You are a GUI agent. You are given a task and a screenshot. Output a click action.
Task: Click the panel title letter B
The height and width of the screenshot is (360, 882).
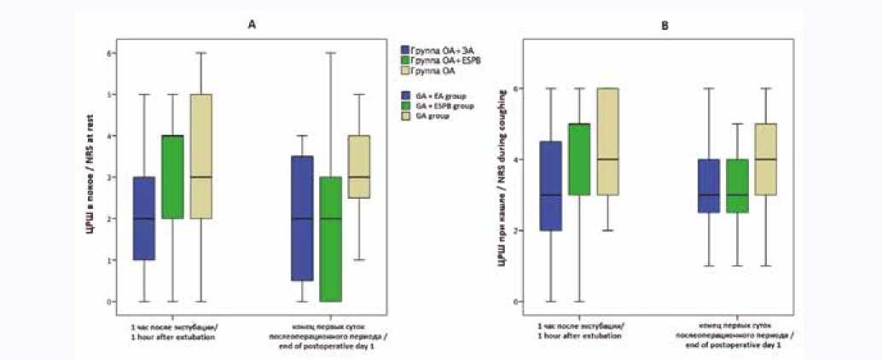(666, 26)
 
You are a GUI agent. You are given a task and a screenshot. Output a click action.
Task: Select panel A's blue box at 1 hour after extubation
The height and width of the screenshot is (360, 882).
(143, 218)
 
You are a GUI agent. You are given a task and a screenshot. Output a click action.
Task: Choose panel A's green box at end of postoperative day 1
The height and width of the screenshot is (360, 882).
(330, 239)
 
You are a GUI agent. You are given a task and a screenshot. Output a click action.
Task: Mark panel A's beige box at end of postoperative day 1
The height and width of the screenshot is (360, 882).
(360, 167)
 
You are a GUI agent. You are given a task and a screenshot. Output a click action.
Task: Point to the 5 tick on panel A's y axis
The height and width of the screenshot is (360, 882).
(109, 94)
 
